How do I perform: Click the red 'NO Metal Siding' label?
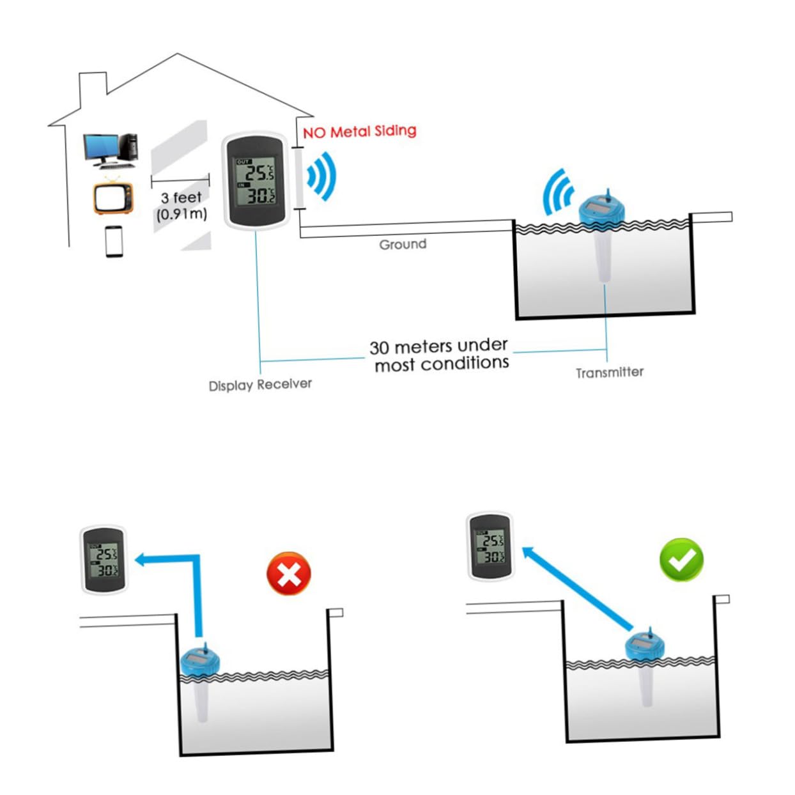359,132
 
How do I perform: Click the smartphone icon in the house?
114,242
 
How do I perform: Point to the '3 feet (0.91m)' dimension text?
181,206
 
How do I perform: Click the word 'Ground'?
403,245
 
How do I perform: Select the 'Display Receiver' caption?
260,385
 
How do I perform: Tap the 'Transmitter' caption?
609,373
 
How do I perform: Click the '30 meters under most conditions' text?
440,355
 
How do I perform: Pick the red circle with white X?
289,573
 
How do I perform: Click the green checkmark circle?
681,559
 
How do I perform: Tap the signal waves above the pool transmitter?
558,193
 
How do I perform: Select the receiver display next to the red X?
104,559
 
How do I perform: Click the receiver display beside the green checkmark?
490,546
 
